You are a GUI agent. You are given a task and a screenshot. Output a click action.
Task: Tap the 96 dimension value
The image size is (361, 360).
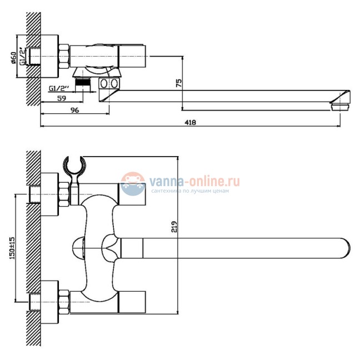[74, 110]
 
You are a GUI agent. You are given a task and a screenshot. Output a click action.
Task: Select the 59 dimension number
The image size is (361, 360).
[62, 98]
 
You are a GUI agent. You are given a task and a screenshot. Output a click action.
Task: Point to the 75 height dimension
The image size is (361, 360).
[179, 83]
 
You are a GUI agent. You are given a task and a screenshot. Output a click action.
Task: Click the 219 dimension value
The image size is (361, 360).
[174, 227]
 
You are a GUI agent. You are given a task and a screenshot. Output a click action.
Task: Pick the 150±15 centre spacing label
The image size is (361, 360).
[12, 248]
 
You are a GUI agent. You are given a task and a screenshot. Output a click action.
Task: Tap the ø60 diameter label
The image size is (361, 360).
[13, 58]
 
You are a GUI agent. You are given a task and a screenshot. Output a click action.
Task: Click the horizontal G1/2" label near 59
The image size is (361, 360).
[59, 88]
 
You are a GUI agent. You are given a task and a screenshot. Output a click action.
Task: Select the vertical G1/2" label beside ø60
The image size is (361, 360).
[22, 57]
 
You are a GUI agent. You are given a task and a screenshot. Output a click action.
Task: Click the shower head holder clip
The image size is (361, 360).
[74, 171]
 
